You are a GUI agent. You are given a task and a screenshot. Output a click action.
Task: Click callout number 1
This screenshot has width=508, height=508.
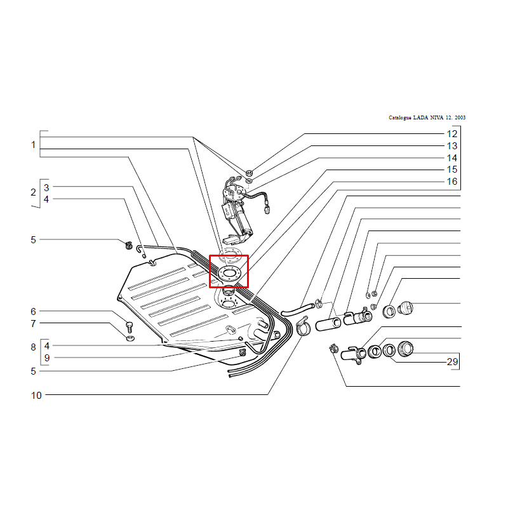coord(33,145)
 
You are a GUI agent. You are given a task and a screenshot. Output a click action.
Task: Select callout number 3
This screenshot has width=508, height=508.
coord(46,187)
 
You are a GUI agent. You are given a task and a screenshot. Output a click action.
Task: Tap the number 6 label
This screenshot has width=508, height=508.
coord(33,311)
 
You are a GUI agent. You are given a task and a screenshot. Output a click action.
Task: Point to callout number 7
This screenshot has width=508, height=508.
coord(33,323)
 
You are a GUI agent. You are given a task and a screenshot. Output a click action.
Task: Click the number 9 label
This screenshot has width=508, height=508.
coord(47,358)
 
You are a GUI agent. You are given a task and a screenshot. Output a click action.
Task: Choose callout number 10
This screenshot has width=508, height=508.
coord(36,395)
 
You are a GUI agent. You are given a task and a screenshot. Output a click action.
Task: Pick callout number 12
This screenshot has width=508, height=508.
coord(452,134)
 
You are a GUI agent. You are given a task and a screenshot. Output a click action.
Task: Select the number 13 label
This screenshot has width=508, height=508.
coord(452,146)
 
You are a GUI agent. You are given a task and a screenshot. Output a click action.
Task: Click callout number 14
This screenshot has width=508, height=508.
coord(452,157)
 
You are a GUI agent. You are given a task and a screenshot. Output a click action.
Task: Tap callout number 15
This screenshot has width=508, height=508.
coord(452,170)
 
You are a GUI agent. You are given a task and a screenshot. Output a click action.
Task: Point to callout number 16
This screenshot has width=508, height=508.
coord(452,182)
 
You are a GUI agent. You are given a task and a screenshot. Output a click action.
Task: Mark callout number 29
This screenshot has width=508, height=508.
coord(452,361)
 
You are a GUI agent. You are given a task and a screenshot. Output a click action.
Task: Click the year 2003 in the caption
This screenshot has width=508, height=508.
coord(460,117)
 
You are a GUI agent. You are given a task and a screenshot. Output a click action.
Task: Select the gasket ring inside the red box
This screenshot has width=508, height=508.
coord(230,268)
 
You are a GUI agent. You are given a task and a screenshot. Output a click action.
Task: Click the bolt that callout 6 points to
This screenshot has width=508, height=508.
coord(130,327)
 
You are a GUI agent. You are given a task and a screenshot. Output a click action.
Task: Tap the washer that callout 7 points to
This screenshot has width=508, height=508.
coord(130,338)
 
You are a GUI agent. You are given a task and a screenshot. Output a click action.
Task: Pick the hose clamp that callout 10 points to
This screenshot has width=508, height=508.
coord(303,326)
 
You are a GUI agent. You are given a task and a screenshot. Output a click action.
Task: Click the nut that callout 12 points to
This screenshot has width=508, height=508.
coord(249,172)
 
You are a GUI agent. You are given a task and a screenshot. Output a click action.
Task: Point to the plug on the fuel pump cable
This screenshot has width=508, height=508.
coord(267,210)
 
